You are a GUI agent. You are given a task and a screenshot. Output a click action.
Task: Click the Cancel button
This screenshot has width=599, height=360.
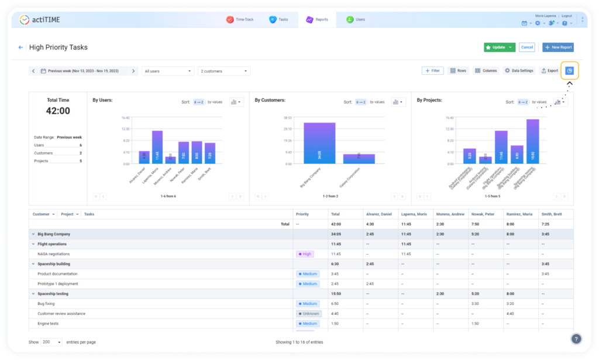[x=526, y=47]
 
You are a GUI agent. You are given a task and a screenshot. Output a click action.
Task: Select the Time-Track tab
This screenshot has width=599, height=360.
[x=239, y=19]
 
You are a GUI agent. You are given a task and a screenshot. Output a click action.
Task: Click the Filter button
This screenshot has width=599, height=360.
[x=432, y=70]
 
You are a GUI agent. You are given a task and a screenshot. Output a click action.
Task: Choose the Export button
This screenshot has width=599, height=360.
[x=549, y=70]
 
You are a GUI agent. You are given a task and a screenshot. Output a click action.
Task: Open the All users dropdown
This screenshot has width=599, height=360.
[x=168, y=71]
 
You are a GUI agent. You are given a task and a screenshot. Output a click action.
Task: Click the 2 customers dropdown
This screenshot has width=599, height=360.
[x=224, y=71]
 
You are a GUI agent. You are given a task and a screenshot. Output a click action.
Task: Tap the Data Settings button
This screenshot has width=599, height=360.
[x=519, y=70]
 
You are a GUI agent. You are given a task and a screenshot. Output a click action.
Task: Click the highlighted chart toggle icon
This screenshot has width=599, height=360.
[x=569, y=70]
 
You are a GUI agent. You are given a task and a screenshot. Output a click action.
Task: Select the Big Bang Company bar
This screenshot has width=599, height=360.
[x=319, y=143]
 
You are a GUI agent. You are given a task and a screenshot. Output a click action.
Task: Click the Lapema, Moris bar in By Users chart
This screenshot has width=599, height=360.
[x=157, y=147]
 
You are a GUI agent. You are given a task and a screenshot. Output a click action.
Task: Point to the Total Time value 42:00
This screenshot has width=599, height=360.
[x=58, y=111]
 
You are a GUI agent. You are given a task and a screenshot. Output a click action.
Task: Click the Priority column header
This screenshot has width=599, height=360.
[x=302, y=214]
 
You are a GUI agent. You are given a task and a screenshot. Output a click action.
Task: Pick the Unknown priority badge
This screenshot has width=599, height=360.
[x=308, y=314]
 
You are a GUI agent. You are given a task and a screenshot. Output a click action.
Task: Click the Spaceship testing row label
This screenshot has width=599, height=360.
[x=53, y=294]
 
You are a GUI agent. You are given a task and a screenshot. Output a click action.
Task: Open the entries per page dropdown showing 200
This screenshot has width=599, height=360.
[x=51, y=342]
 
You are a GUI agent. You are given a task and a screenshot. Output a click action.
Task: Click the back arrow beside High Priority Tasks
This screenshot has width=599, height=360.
[x=21, y=47]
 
